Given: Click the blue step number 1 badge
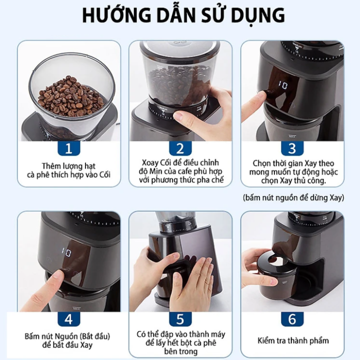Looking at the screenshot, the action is pos(68,148).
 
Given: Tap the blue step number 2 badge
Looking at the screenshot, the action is pos(180,148).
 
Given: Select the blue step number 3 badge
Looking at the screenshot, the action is pos(292,148).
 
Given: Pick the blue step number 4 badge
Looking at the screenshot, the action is pos(68,319).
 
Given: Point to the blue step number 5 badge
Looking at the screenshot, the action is pos(180,319).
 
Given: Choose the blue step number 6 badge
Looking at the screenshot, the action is pos(292,319).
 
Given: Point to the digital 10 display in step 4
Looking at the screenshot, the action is pos(66,252).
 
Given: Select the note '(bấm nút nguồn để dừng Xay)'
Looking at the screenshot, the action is pos(293,197).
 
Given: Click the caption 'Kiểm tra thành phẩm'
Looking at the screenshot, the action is pos(293,340).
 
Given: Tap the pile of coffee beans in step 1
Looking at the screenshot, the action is pos(70,96).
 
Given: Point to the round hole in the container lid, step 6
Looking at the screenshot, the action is pos(278,262).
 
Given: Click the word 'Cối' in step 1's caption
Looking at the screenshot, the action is pos(104,174).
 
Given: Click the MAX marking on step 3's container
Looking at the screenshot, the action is pos(292,136).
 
